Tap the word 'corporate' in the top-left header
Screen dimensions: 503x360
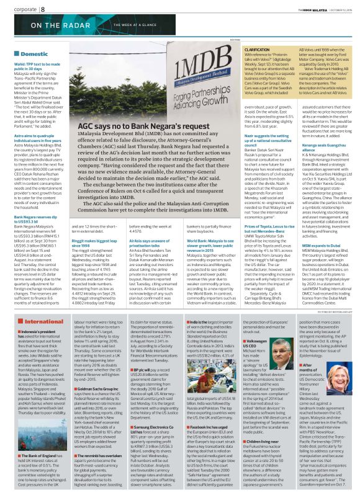point(20,9)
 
